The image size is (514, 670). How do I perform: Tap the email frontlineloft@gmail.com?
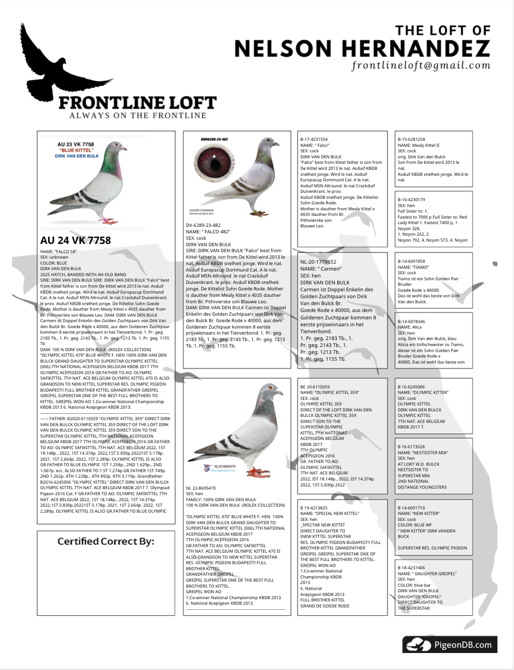(x=421, y=65)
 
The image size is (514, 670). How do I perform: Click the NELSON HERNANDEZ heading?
(x=362, y=48)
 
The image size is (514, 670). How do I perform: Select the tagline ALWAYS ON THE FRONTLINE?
(x=138, y=116)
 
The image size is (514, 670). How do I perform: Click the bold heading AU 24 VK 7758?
(x=76, y=240)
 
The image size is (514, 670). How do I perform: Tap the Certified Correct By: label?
(x=105, y=541)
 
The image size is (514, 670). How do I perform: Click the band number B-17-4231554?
(x=314, y=139)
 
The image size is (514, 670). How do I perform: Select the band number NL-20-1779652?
(x=318, y=262)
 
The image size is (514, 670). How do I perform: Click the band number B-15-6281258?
(x=411, y=139)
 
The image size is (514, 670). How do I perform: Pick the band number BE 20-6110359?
(x=315, y=387)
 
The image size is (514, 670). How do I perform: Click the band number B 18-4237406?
(x=411, y=568)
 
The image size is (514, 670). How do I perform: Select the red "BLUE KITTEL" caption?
(x=76, y=150)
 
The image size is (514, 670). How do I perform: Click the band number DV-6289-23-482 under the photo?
(x=203, y=225)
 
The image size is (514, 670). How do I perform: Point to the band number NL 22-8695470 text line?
(x=201, y=488)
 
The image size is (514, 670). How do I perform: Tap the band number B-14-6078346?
(x=411, y=322)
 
